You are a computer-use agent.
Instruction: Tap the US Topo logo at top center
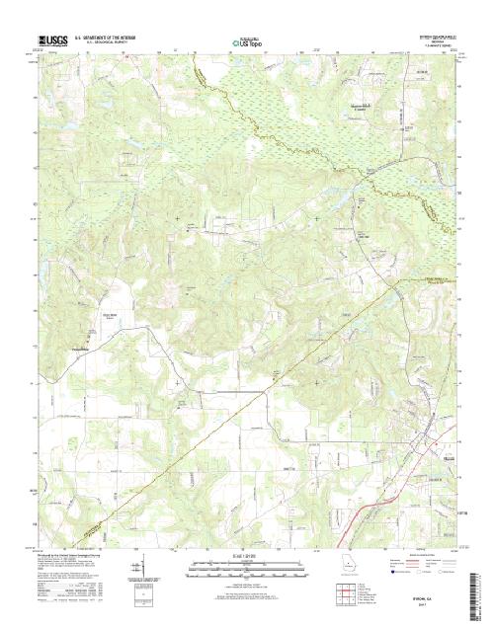click(247, 43)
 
